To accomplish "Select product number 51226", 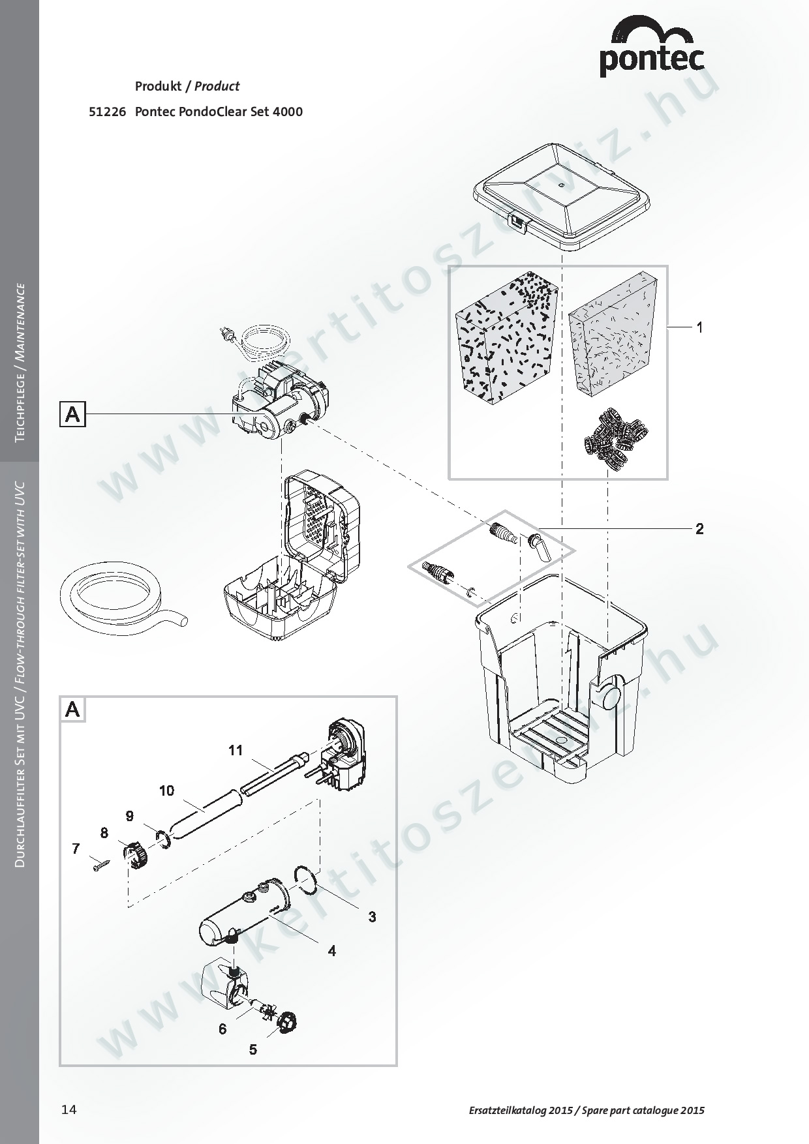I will [106, 112].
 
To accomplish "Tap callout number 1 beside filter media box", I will [699, 327].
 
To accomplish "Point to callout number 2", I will [699, 528].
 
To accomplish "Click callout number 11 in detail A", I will [236, 750].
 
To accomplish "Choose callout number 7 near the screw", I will [76, 849].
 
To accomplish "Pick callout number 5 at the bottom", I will [253, 1049].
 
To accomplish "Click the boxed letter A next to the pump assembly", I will [72, 414].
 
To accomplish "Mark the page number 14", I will [69, 1110].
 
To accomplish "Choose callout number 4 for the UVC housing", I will [331, 951].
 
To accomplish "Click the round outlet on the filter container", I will [612, 697].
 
